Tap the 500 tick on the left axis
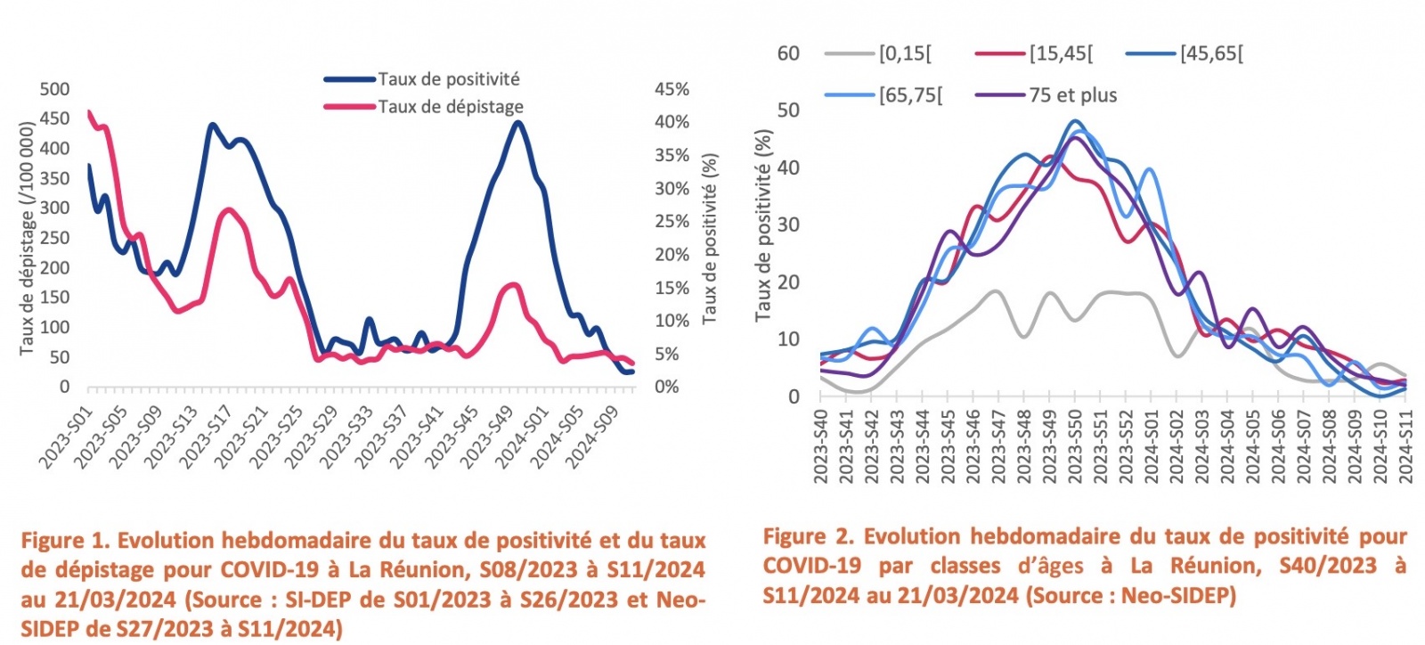point(54,89)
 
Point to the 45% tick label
point(672,89)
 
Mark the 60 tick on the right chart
point(788,53)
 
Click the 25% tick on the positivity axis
point(672,222)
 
